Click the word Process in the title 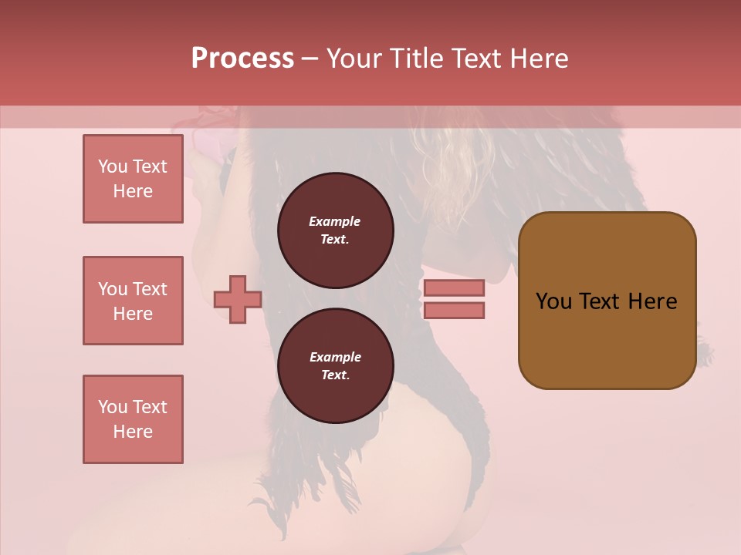point(242,59)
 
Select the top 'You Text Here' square point(133,179)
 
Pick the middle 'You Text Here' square point(133,301)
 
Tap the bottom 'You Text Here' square point(133,419)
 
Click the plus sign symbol point(238,299)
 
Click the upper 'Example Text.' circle point(335,230)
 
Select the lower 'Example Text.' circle point(335,366)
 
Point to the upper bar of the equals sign point(454,288)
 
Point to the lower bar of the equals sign point(454,310)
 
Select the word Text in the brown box point(601,301)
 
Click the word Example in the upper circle point(335,221)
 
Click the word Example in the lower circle point(335,357)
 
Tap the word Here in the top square point(133,191)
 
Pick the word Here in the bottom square point(133,432)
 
